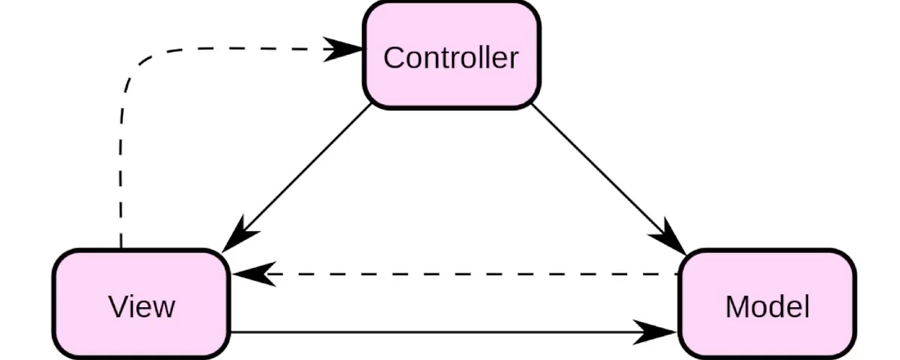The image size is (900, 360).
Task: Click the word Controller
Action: tap(451, 58)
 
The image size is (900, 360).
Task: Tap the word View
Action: tap(141, 307)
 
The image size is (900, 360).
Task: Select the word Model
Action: tap(767, 307)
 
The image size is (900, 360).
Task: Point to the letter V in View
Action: tap(117, 307)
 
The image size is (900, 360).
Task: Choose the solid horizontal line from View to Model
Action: tap(436, 332)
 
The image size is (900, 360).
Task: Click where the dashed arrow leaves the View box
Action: tap(121, 246)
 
